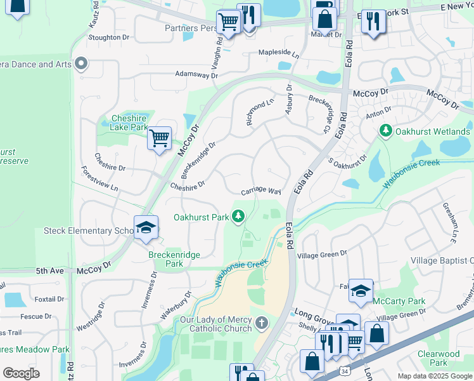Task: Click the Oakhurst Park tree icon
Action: (238, 217)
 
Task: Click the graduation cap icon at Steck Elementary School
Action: (145, 229)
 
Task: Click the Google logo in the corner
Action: (21, 373)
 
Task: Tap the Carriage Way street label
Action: (260, 191)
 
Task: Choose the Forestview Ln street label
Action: (99, 179)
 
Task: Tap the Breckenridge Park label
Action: (174, 259)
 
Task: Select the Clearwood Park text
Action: (439, 358)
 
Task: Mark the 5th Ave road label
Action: (50, 270)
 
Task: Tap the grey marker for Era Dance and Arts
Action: (80, 64)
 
